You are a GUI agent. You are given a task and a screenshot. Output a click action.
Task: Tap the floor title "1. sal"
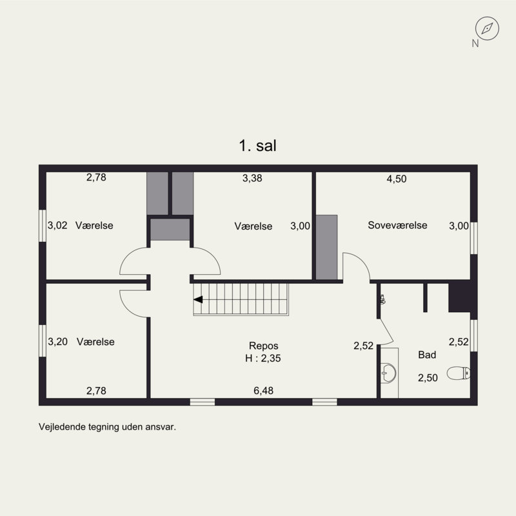(257, 146)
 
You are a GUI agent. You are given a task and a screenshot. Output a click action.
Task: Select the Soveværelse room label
(397, 225)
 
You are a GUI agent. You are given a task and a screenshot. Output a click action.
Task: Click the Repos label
(263, 345)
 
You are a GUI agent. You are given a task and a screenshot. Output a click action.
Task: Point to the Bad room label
(427, 355)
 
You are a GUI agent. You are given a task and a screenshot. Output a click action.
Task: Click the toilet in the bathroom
(460, 372)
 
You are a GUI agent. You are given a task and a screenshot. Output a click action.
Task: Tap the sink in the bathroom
(388, 372)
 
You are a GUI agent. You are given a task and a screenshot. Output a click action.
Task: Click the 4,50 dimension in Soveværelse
(396, 179)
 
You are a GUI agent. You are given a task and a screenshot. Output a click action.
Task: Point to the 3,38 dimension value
(252, 179)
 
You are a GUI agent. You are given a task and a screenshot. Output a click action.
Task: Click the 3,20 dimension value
(58, 342)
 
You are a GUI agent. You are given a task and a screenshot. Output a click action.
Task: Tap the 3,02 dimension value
(58, 226)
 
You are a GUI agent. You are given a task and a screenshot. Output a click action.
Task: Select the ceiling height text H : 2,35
(263, 358)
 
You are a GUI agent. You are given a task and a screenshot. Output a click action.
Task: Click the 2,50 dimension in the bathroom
(428, 378)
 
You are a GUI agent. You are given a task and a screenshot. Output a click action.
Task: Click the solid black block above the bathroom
(461, 297)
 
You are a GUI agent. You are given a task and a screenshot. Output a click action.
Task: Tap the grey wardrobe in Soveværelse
(327, 247)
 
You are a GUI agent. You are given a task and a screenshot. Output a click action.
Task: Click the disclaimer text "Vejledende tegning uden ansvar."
(107, 426)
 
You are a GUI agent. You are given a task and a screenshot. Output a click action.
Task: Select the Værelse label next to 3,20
(95, 342)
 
